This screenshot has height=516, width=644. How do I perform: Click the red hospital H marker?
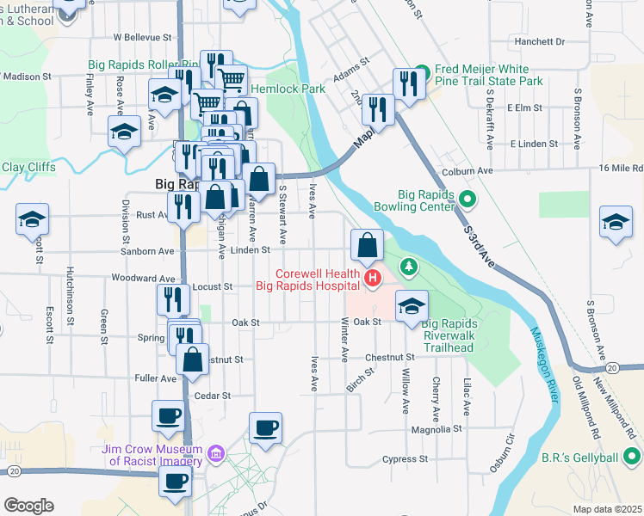[373, 278]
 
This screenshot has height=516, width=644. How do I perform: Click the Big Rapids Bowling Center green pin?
[468, 200]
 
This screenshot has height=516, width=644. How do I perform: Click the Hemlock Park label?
[288, 88]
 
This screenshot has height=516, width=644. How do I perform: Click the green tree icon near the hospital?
[409, 268]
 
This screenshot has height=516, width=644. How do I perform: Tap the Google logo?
[28, 505]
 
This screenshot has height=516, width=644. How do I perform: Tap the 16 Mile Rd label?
[625, 169]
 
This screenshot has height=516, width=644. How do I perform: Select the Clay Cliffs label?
[28, 167]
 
